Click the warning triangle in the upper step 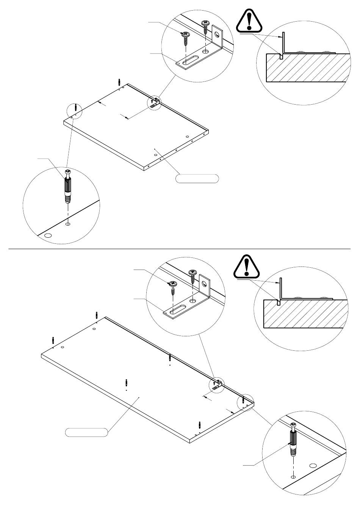(x=249, y=22)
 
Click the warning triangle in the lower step (x=247, y=267)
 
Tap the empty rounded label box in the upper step (x=197, y=179)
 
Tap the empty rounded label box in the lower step (x=86, y=432)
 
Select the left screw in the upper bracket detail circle (x=186, y=37)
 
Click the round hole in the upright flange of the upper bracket (x=217, y=35)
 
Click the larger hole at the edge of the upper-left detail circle (x=48, y=236)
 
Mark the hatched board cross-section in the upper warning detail (x=307, y=67)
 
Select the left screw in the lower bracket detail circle (x=173, y=286)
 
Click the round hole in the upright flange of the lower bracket (x=205, y=283)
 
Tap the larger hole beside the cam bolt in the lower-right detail (x=313, y=466)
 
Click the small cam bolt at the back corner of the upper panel (x=119, y=82)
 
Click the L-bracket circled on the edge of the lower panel (x=217, y=384)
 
